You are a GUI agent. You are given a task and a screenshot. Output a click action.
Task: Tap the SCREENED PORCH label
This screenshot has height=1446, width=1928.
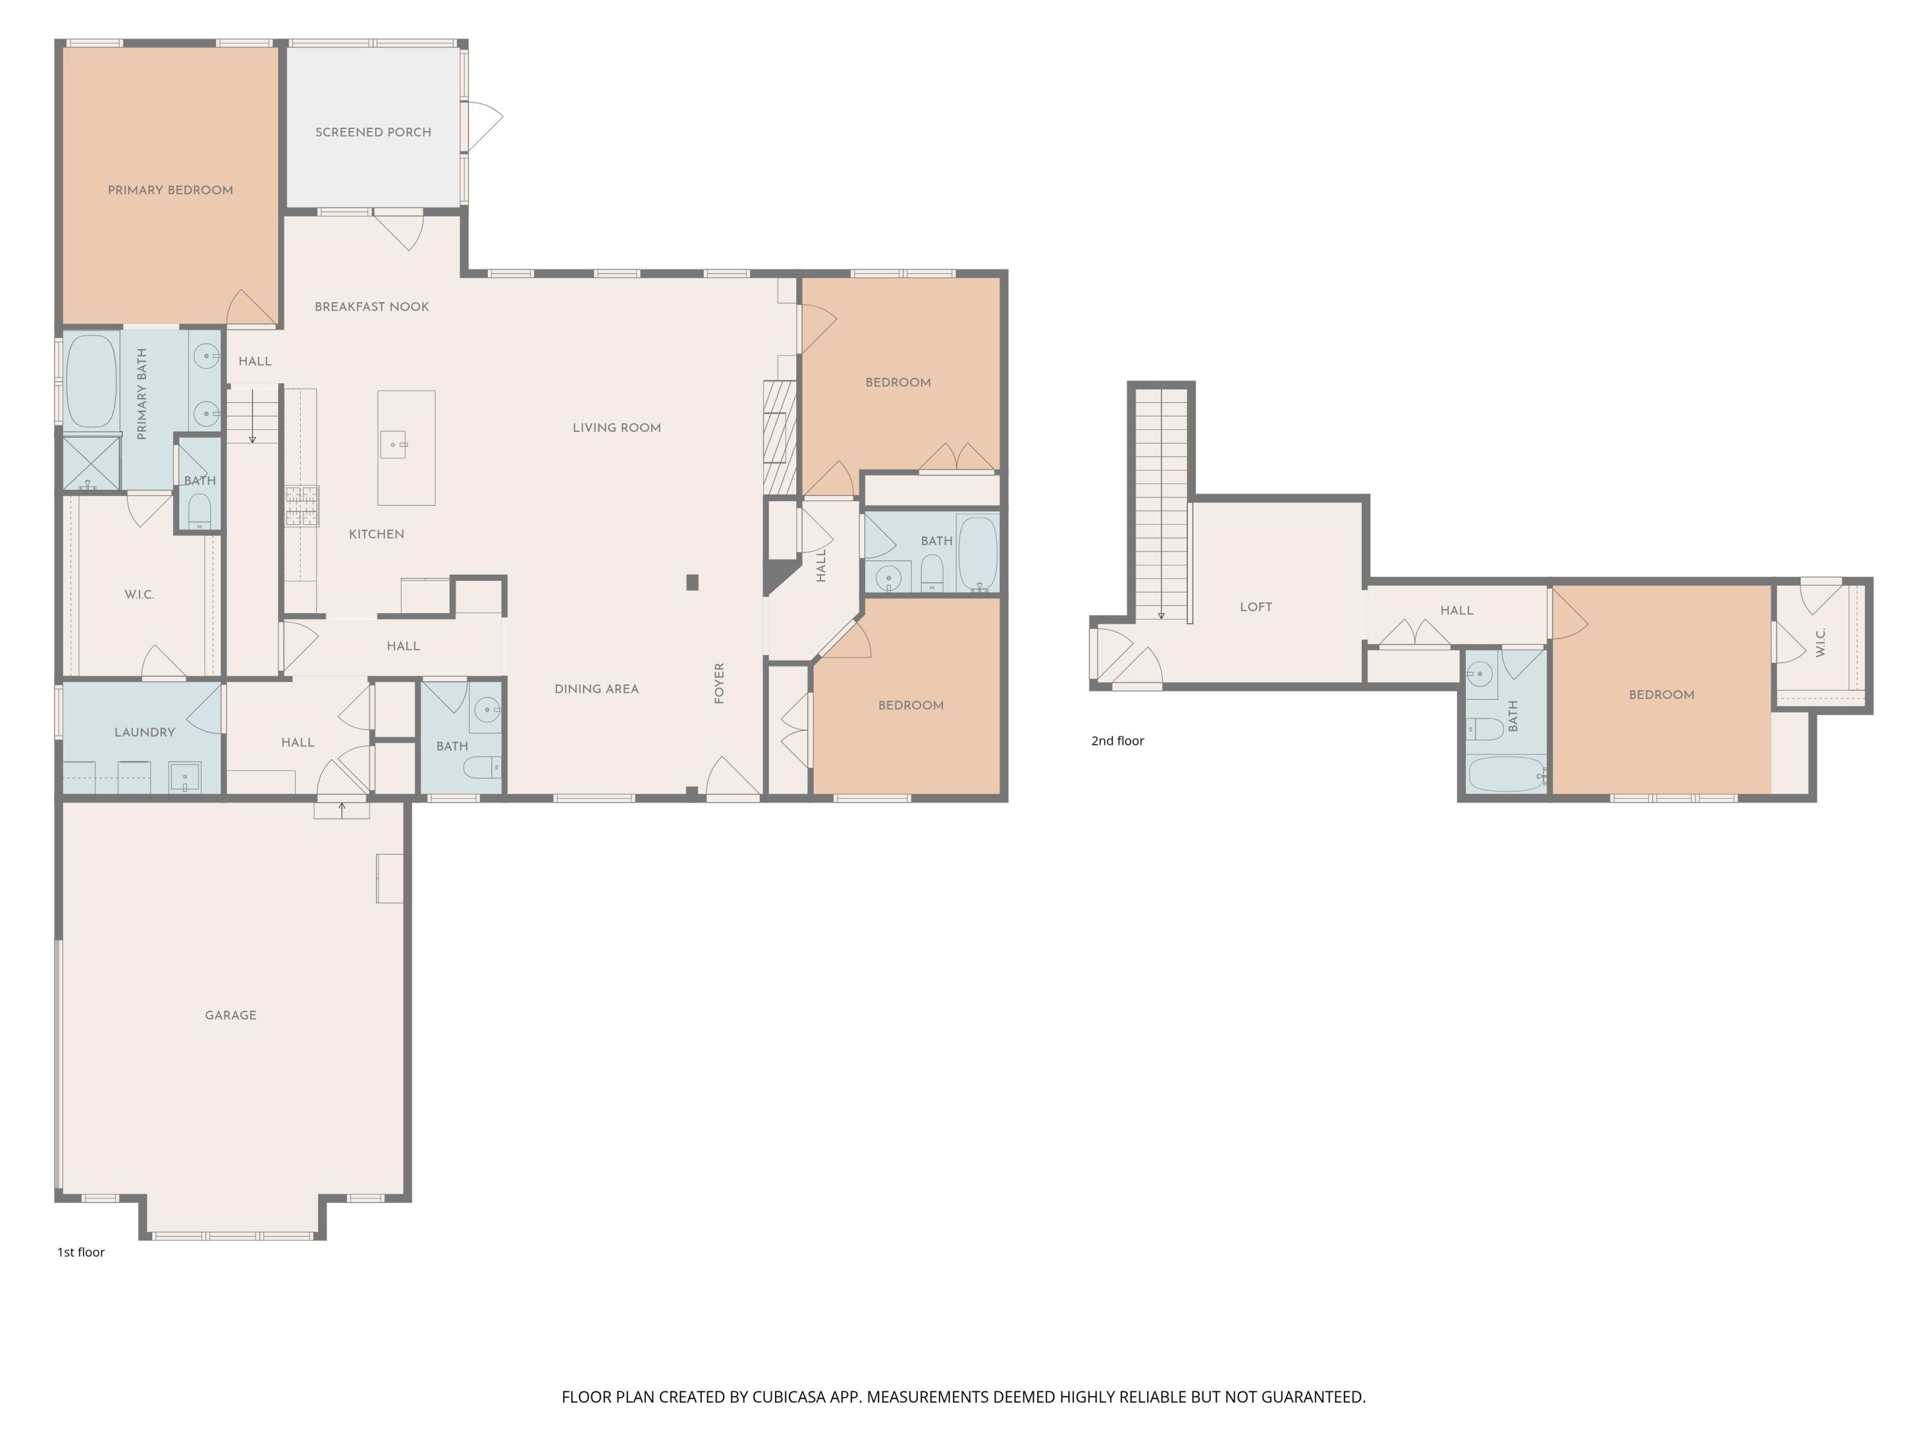click(373, 132)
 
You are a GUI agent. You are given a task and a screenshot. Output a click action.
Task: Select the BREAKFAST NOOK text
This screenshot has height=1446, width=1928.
click(371, 307)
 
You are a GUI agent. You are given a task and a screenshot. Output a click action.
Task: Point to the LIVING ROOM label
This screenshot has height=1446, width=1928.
click(616, 428)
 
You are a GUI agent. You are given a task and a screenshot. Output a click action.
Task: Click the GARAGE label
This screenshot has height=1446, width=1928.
click(230, 1015)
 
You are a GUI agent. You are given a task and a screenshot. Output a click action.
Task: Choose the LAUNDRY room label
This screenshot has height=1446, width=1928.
click(145, 732)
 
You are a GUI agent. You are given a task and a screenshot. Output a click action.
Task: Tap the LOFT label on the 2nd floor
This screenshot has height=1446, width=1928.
click(1256, 607)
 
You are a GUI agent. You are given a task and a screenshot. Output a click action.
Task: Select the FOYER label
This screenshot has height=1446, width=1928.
click(719, 683)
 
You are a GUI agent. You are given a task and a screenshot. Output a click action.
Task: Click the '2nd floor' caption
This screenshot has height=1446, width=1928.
click(1118, 741)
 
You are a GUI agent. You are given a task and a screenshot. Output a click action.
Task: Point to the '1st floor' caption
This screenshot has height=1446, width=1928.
click(80, 1253)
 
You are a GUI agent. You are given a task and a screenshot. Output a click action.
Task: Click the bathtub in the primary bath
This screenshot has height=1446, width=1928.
click(91, 382)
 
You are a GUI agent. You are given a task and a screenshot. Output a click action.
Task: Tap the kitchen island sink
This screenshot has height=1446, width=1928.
click(393, 445)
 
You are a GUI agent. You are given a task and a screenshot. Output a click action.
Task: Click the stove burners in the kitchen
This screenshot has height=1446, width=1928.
click(301, 506)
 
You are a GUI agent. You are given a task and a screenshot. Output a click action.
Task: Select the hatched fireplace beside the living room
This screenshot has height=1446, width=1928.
click(780, 436)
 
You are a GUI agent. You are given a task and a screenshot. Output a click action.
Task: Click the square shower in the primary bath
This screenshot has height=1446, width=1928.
click(91, 463)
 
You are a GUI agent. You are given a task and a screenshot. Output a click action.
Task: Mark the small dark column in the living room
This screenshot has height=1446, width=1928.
click(692, 582)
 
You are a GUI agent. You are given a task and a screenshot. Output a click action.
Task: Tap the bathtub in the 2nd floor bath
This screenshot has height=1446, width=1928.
click(1505, 774)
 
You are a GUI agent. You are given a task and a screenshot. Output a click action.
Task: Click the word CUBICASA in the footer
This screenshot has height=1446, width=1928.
click(788, 1397)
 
